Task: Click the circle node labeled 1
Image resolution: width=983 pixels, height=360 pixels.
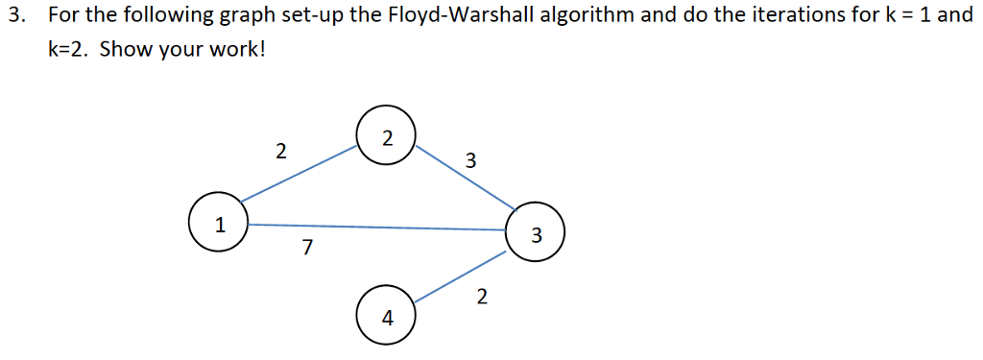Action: pos(219,224)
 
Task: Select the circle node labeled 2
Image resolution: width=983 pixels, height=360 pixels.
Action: pos(386,137)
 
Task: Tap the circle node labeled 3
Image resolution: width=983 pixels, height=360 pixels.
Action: pos(536,232)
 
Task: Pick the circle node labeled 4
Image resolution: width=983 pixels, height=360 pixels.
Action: pos(386,316)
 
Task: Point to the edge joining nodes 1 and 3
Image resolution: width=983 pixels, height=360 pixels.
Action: pos(374,227)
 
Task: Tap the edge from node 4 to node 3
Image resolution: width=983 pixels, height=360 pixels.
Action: pos(461,277)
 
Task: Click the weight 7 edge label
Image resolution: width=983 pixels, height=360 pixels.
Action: pos(306,249)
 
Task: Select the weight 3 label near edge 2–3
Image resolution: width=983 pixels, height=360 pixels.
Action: pos(469,160)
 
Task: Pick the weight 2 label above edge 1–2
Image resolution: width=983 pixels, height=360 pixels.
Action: pos(279,150)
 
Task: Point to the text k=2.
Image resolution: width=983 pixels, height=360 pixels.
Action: pos(68,49)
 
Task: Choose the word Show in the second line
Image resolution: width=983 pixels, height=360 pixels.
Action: pos(123,49)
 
